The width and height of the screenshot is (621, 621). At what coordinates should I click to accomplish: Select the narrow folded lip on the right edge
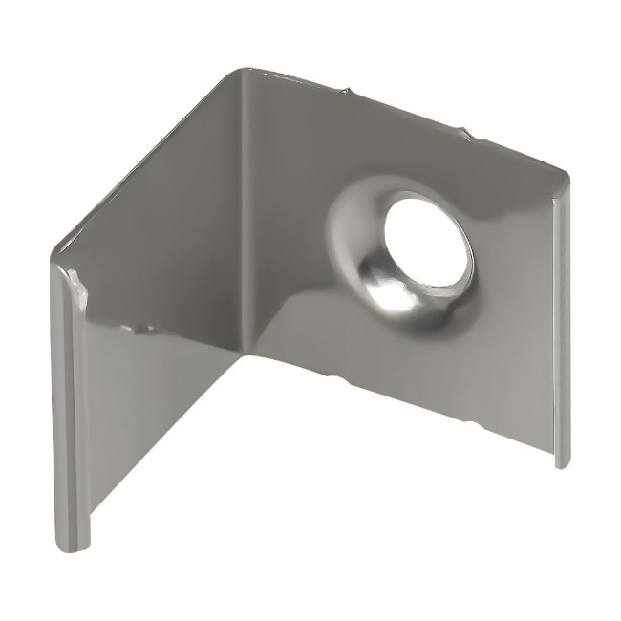pos(562,325)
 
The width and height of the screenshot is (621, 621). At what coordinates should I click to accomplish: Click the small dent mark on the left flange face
pos(143,328)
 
